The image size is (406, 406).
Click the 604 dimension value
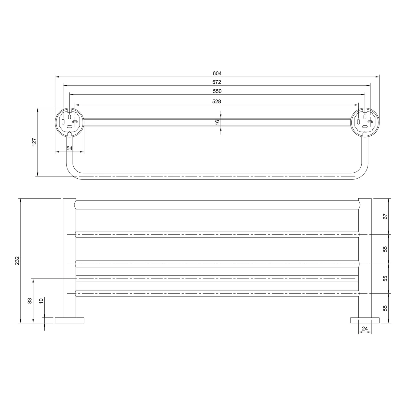pyautogui.click(x=217, y=73)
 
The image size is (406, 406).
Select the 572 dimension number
pyautogui.click(x=217, y=82)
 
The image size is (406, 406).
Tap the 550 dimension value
pyautogui.click(x=217, y=91)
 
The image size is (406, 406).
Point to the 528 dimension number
pyautogui.click(x=217, y=101)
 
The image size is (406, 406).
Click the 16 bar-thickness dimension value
pyautogui.click(x=217, y=122)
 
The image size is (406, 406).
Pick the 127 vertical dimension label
pyautogui.click(x=34, y=142)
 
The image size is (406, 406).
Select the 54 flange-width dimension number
pyautogui.click(x=70, y=148)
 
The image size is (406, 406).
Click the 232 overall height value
pyautogui.click(x=17, y=261)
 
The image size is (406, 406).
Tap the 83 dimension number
pyautogui.click(x=30, y=300)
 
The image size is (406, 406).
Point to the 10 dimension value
pyautogui.click(x=41, y=300)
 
